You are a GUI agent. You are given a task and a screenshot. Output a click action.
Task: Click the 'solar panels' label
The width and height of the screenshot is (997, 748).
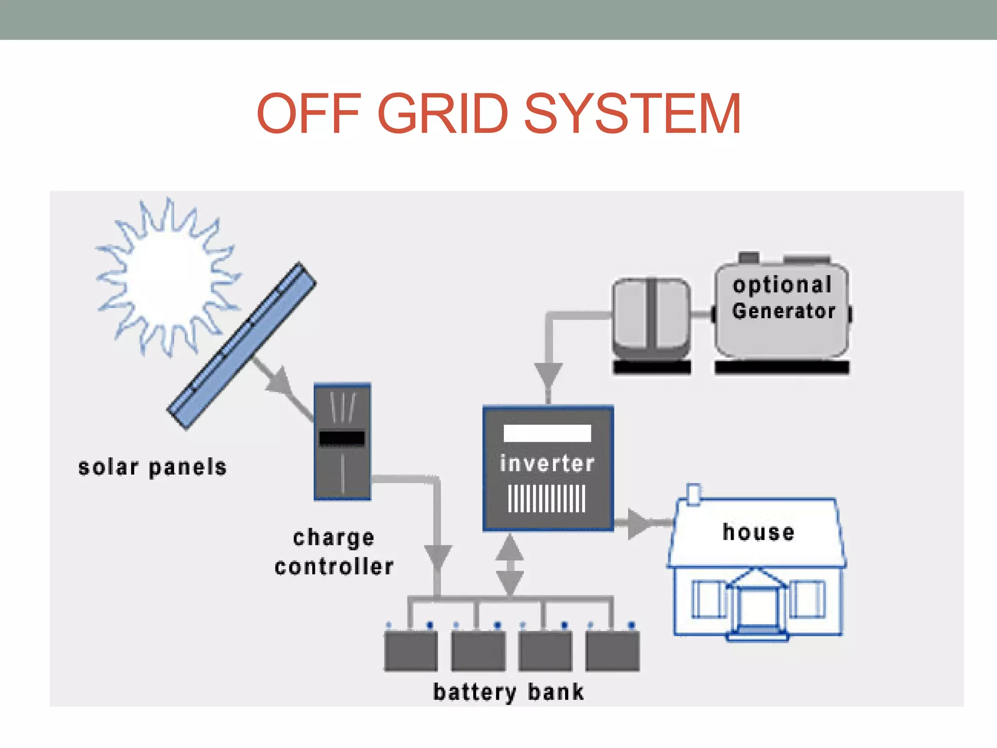(152, 467)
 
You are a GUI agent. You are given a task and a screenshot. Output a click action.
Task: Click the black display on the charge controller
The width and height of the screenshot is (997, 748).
(342, 438)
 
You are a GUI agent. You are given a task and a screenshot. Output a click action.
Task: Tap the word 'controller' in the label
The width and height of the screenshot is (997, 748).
(334, 567)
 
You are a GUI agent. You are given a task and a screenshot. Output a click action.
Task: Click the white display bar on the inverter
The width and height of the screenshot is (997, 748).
(547, 433)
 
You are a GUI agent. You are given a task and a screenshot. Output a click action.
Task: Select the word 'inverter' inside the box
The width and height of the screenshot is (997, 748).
(547, 463)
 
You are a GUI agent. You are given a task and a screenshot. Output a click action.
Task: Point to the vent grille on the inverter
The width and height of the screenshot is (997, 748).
(547, 498)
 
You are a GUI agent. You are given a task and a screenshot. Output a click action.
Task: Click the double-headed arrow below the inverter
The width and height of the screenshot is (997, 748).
(509, 565)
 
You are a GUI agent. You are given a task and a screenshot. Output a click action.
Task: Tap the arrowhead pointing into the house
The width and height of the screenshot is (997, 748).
(638, 524)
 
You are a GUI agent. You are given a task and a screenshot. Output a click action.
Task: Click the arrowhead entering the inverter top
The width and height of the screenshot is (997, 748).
(548, 374)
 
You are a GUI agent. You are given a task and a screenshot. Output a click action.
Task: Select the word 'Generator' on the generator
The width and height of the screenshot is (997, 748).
(783, 311)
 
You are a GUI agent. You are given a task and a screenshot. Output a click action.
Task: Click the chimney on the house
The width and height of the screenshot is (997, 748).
(693, 495)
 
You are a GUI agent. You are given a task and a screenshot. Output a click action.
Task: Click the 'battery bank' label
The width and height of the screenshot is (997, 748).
(508, 692)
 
